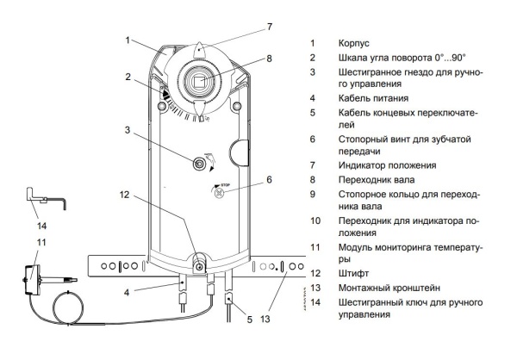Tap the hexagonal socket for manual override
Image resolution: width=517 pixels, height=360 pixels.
tap(198, 163)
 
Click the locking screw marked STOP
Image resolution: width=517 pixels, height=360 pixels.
tap(218, 194)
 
